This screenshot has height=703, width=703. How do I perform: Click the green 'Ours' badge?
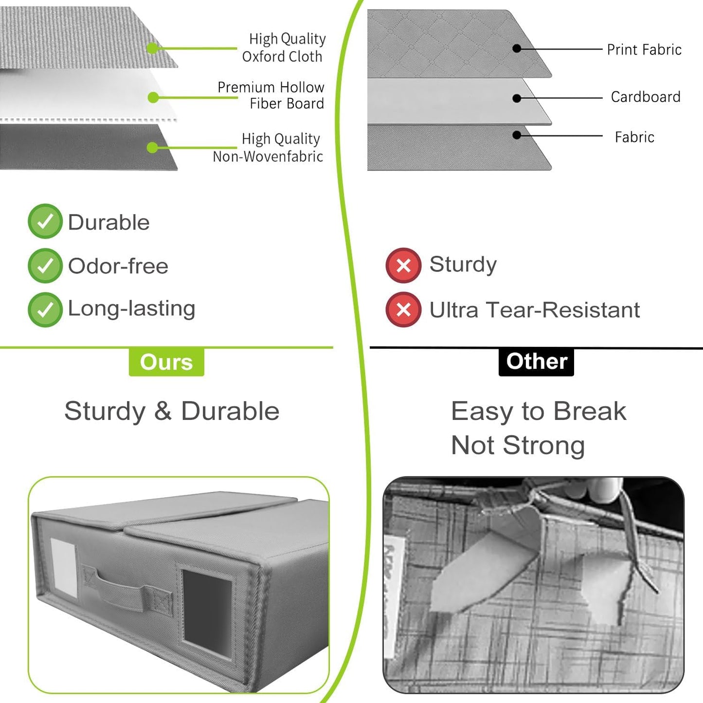click(166, 362)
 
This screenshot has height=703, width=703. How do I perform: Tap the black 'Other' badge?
click(536, 361)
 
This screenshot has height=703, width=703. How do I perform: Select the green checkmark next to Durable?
click(45, 221)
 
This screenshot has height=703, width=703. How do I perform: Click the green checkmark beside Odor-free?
click(45, 266)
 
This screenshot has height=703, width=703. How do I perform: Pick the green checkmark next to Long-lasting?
click(45, 309)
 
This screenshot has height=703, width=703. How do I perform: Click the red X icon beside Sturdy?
click(403, 266)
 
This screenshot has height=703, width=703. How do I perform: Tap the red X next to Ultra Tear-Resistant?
click(403, 309)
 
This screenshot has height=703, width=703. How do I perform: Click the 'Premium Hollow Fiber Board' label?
click(271, 95)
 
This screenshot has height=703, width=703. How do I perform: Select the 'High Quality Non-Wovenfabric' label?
click(269, 147)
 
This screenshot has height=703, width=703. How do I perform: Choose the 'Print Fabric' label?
click(644, 50)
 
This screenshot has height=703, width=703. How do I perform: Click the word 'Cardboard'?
click(645, 97)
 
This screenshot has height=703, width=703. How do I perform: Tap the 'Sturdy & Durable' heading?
click(172, 411)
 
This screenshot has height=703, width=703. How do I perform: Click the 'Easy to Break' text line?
click(538, 411)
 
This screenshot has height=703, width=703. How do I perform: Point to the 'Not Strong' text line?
click(518, 445)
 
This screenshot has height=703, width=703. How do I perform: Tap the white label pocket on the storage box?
click(64, 566)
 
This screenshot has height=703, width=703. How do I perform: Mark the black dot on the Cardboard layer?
click(517, 98)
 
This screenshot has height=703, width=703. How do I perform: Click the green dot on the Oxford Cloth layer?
click(152, 48)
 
